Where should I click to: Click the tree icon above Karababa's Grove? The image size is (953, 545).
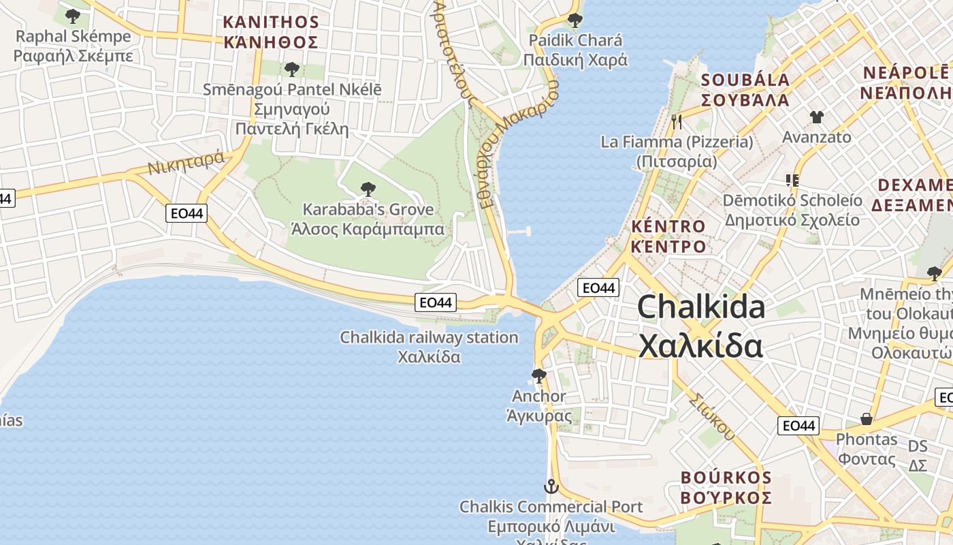click(x=368, y=189)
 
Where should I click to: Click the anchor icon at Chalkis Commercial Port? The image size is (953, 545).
click(x=550, y=486)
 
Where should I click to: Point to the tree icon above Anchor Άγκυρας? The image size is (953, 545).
click(x=538, y=375)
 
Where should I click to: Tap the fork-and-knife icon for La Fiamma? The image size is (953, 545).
click(x=676, y=123)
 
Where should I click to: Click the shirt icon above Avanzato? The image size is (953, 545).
click(x=817, y=116)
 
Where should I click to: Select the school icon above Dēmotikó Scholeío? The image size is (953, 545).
click(x=792, y=181)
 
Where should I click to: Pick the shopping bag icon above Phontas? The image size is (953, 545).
click(x=867, y=418)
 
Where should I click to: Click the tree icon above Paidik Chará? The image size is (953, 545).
click(x=575, y=20)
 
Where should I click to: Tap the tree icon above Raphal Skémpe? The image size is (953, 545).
click(x=73, y=16)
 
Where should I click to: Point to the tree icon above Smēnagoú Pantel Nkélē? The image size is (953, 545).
click(x=292, y=69)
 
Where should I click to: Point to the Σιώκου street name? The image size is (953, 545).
click(x=712, y=416)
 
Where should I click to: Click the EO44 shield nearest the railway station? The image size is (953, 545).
click(x=436, y=302)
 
